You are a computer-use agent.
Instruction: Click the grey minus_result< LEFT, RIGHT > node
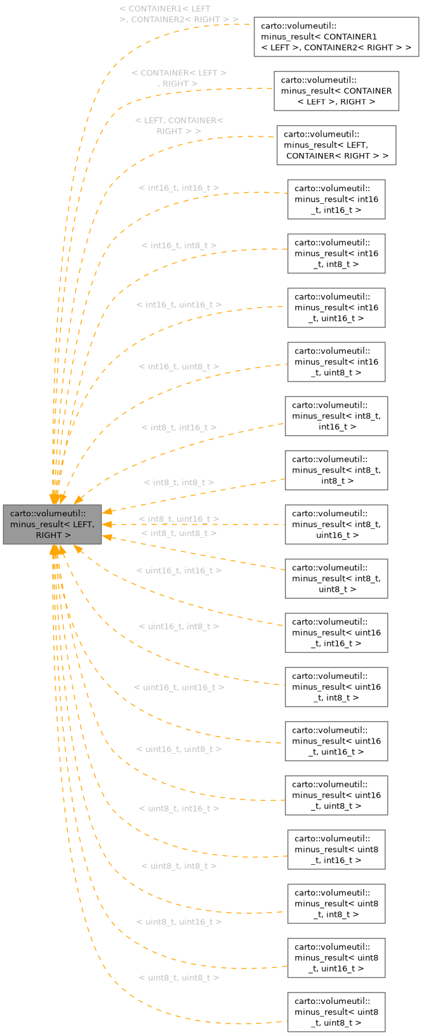52,524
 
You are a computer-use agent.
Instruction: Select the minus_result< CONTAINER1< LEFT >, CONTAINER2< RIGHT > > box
336,37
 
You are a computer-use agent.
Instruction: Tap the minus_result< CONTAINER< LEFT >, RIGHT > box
336,91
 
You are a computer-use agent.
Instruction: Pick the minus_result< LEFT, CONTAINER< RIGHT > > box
336,145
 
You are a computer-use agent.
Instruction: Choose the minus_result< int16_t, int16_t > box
336,199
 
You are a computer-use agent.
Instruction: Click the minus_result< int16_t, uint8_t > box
336,362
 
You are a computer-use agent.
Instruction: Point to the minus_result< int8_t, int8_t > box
336,471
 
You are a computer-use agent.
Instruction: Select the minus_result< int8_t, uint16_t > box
336,524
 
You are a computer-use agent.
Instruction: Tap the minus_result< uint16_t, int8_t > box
336,687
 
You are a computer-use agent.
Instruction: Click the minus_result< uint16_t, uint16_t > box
336,741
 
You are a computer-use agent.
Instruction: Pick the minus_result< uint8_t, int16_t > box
336,850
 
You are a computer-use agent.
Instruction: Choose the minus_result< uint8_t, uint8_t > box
336,1012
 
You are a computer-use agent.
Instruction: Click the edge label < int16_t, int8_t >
179,245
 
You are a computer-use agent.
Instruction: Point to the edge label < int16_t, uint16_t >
179,305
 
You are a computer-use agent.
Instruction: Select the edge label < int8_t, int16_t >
179,427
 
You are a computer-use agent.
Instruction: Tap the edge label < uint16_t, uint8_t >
179,749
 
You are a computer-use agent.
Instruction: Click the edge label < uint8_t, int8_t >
179,866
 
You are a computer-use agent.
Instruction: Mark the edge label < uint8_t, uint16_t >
179,922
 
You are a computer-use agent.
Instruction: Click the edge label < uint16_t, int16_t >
179,570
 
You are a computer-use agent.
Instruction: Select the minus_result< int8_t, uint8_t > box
336,578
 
